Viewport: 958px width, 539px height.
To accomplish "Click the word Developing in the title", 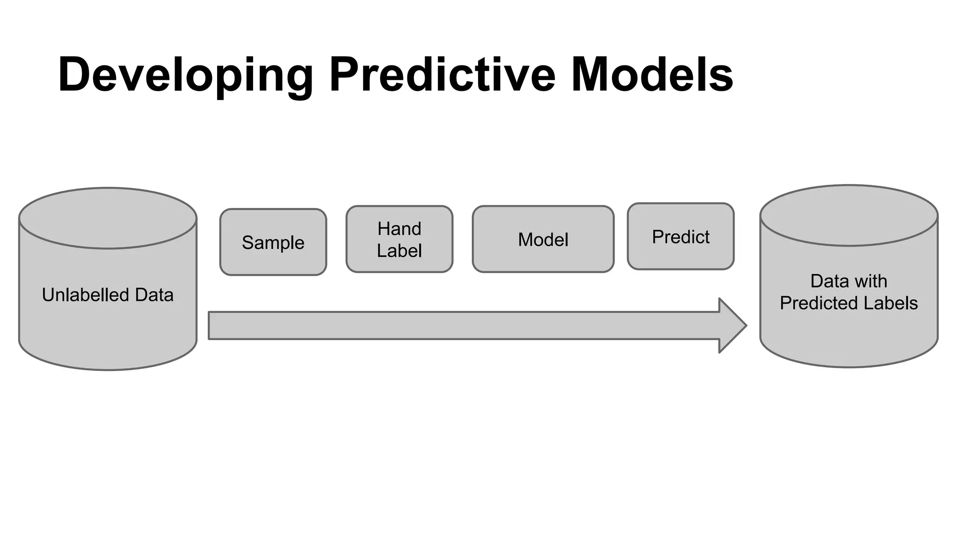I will point(185,75).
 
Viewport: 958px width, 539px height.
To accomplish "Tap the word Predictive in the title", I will point(442,75).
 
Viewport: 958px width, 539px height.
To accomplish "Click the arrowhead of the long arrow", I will point(732,325).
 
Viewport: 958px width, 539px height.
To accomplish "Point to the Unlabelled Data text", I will point(108,295).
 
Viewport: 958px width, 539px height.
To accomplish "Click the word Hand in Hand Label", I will point(399,229).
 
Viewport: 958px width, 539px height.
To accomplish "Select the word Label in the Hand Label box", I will point(399,251).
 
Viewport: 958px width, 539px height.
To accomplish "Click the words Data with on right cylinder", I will point(849,281).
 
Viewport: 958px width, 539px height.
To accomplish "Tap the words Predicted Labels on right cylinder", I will point(849,303).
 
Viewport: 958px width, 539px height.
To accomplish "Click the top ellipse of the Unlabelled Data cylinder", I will point(108,218).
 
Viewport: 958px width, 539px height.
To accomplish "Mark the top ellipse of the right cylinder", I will point(849,215).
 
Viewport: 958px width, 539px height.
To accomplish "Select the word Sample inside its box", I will point(273,243).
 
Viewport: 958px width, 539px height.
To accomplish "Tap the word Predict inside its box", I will point(681,237).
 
